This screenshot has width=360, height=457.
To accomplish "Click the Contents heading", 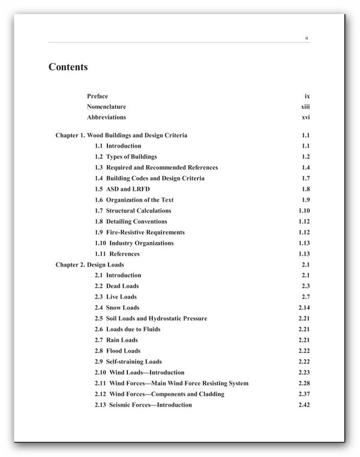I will click(x=68, y=67).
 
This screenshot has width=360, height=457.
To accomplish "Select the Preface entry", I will click(x=97, y=96).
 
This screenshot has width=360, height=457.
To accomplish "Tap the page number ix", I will click(x=307, y=96).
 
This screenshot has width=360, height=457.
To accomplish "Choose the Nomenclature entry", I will click(x=106, y=107).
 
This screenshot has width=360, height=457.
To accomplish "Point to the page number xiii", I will click(x=305, y=107).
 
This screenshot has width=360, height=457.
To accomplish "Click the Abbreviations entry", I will click(x=106, y=118).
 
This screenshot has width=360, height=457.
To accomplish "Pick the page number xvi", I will click(x=305, y=118).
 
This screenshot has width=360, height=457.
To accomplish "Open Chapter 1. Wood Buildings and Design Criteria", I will click(x=121, y=136).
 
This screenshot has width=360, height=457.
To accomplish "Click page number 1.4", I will click(x=305, y=168).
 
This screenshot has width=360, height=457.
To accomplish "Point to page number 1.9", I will click(x=305, y=200).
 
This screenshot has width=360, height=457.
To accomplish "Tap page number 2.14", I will click(x=304, y=308).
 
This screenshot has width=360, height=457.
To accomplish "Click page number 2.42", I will click(x=304, y=405).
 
